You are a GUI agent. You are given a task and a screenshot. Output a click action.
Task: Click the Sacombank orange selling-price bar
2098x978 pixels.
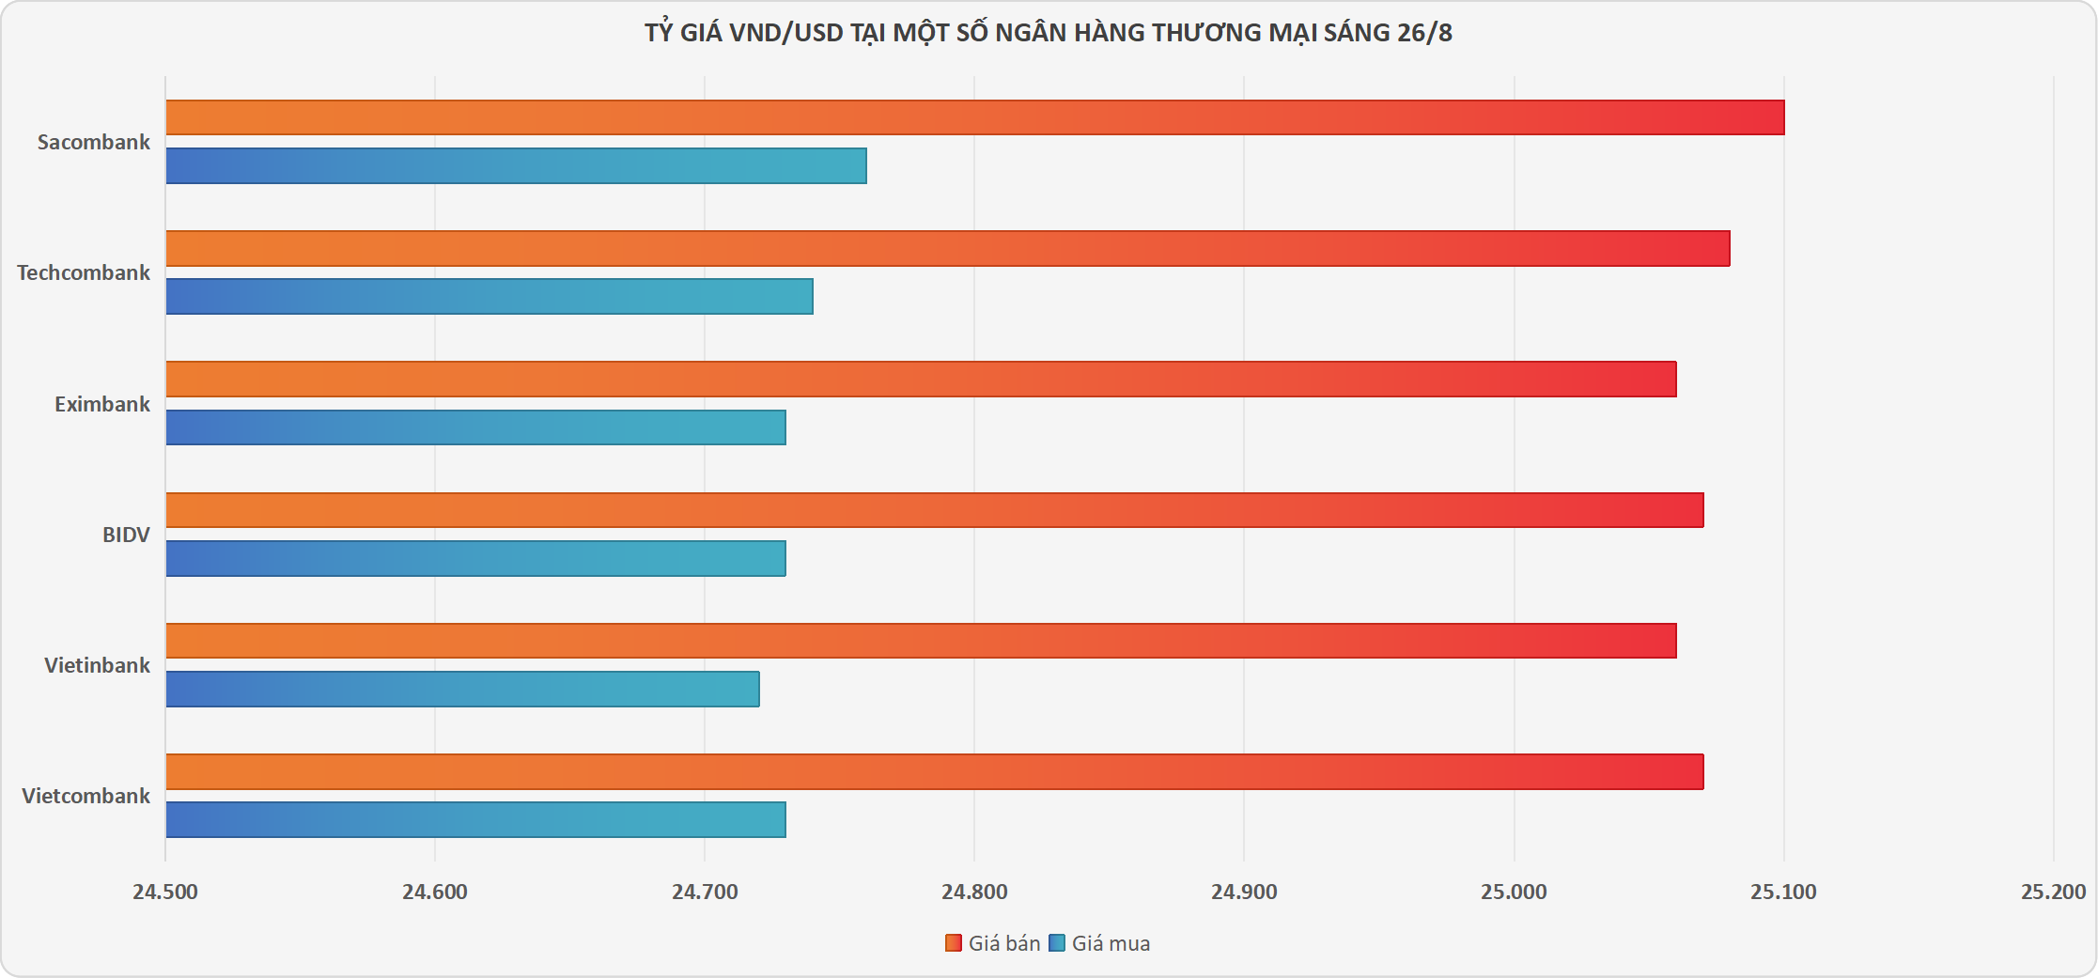tap(974, 117)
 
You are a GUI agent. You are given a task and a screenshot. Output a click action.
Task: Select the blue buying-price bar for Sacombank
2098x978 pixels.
tap(516, 165)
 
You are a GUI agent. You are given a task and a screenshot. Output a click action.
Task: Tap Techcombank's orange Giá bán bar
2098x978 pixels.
tap(947, 248)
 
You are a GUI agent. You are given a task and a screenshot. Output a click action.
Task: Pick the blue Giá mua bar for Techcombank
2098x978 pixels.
tap(489, 296)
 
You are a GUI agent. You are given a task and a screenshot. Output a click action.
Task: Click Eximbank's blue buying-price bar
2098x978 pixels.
tap(475, 427)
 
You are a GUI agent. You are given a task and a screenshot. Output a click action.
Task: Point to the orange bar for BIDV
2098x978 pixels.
tap(934, 510)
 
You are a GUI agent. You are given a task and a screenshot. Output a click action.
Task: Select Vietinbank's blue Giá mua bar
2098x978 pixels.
tap(462, 689)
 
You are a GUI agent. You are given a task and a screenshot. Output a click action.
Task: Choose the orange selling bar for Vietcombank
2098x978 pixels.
tap(934, 771)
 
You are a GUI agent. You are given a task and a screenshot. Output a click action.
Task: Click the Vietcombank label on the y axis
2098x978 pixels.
tap(85, 796)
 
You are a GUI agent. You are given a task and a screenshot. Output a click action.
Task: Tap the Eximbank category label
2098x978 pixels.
tap(101, 404)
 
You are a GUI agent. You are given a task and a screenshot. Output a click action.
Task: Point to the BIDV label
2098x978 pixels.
tap(126, 535)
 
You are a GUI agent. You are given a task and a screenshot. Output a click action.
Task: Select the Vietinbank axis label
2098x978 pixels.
tap(97, 665)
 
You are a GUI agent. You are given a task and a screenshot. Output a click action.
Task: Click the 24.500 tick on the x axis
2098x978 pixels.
tap(165, 892)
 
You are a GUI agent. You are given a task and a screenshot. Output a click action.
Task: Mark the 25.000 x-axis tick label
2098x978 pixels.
tap(1514, 892)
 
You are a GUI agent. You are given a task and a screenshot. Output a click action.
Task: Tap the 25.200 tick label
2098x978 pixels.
tap(2053, 892)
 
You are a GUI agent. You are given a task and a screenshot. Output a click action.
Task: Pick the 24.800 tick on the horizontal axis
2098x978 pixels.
tap(974, 892)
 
